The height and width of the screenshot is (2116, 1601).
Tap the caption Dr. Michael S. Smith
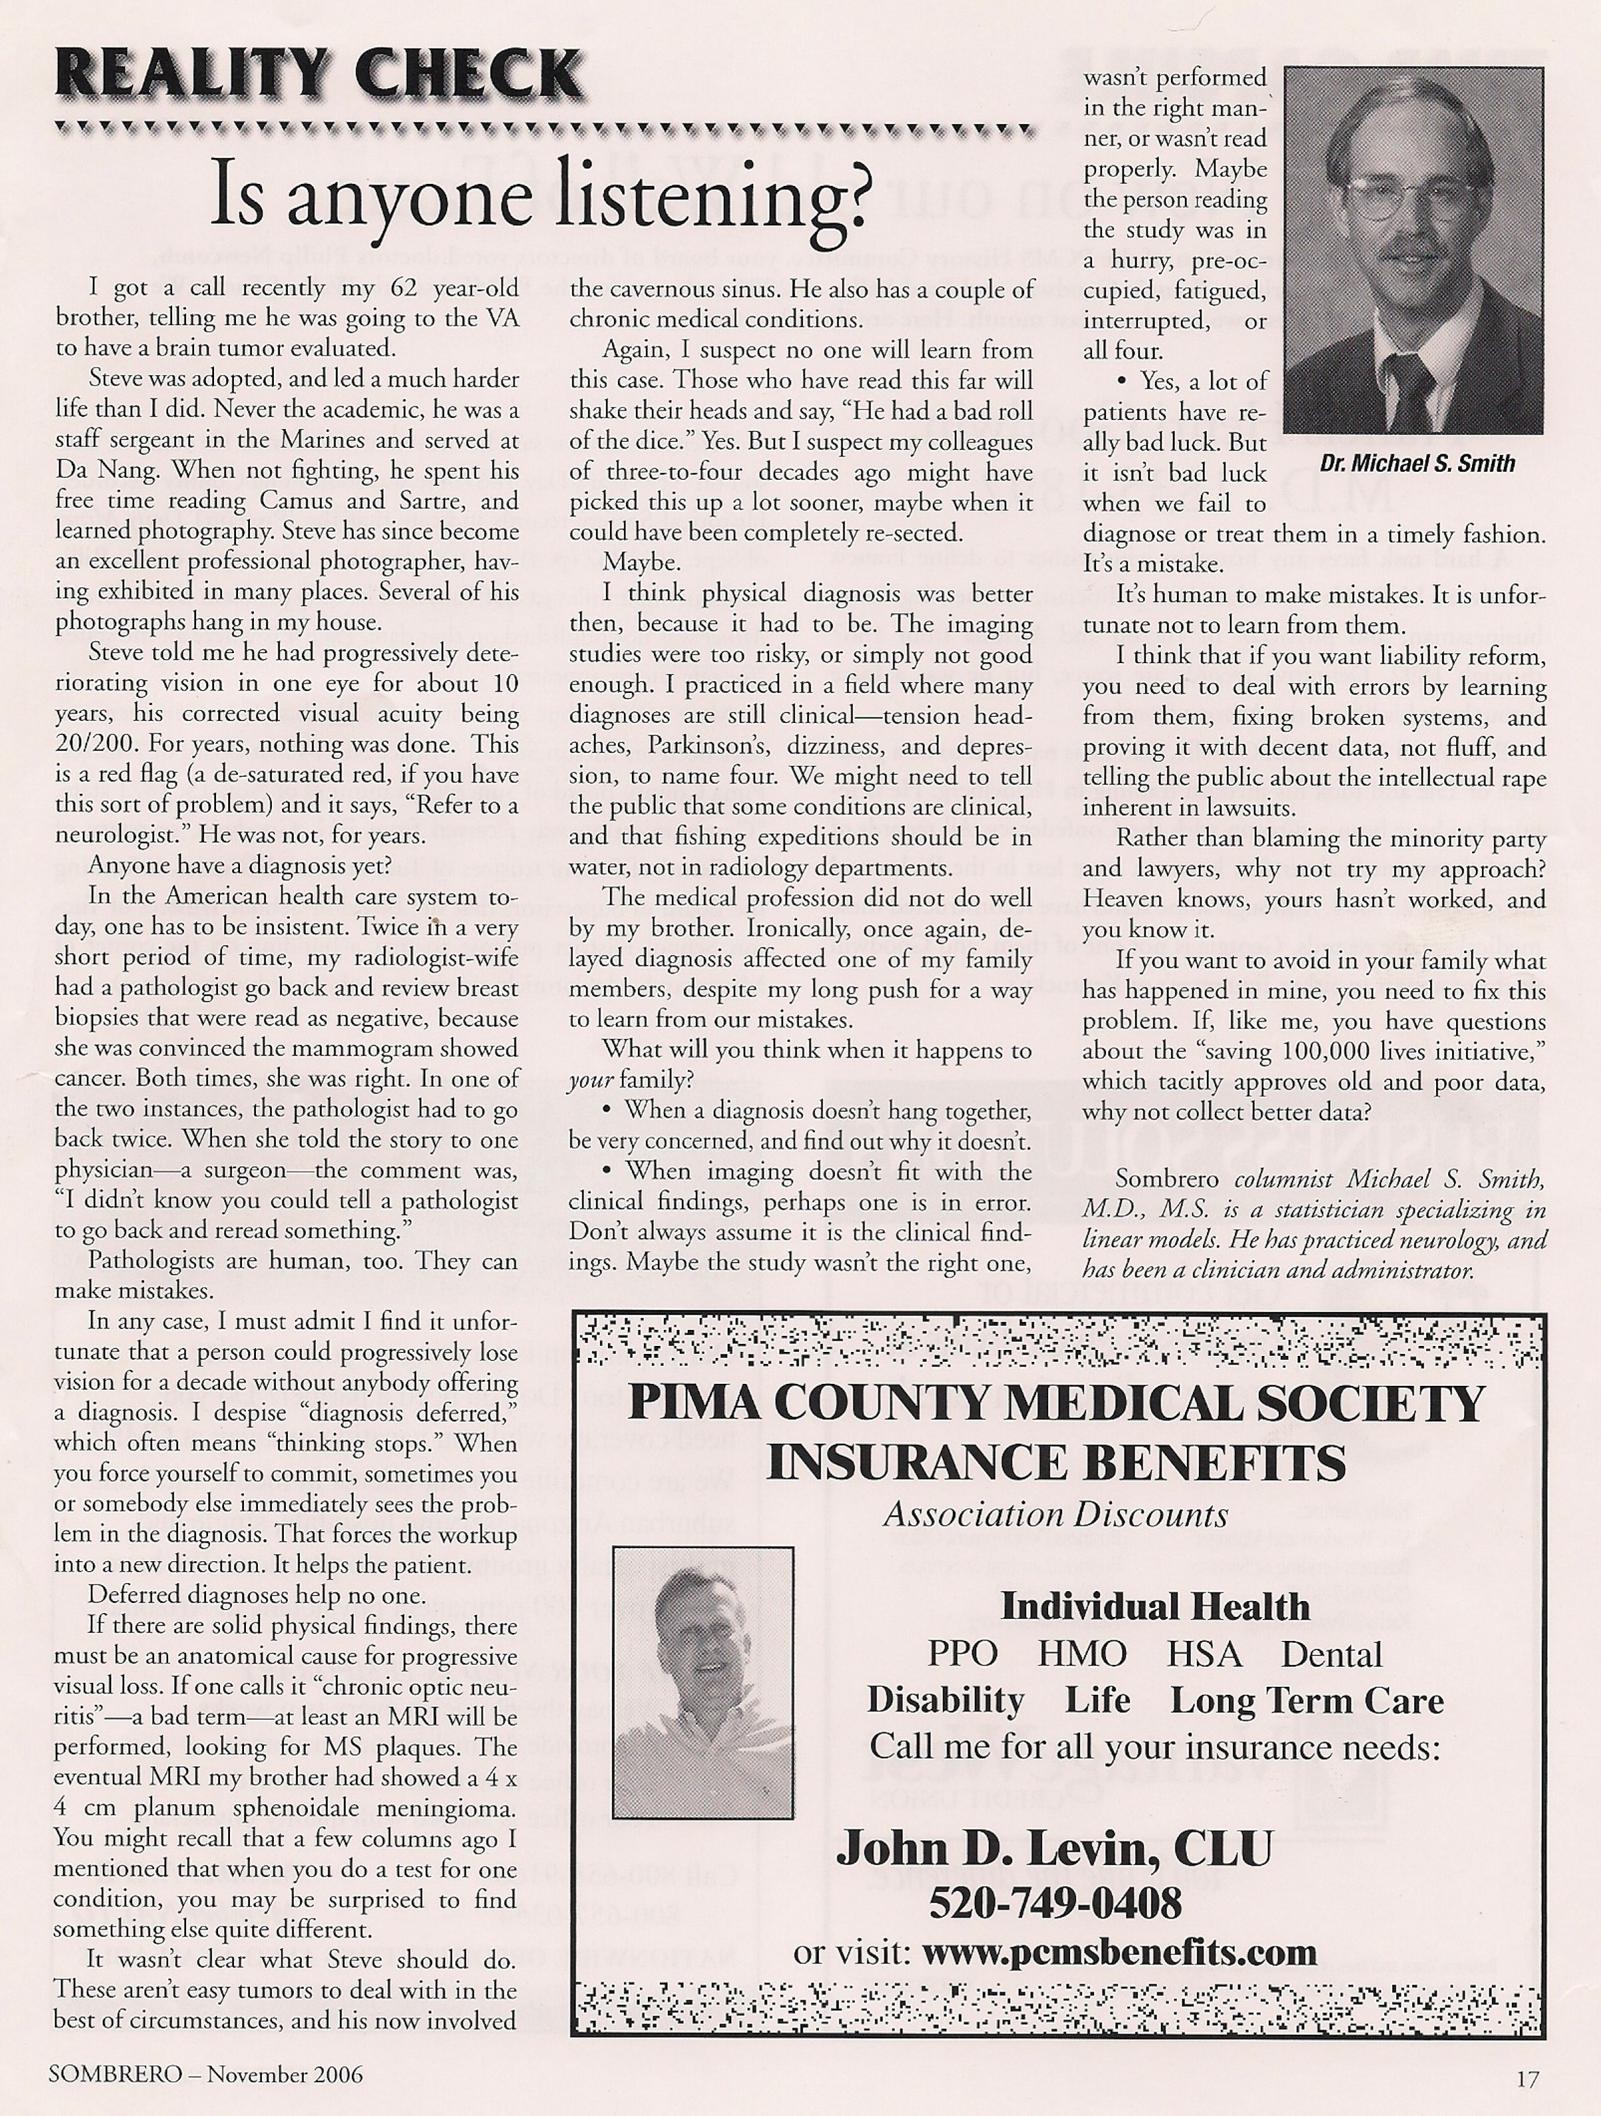pyautogui.click(x=1418, y=464)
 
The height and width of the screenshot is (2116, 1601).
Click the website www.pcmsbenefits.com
pyautogui.click(x=1118, y=1951)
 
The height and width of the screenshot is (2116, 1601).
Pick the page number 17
pyautogui.click(x=1527, y=2077)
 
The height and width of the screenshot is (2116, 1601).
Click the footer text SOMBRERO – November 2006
pyautogui.click(x=206, y=2075)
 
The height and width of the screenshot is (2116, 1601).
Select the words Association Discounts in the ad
pyautogui.click(x=1055, y=1514)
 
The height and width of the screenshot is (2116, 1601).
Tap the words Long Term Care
pyautogui.click(x=1307, y=1700)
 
